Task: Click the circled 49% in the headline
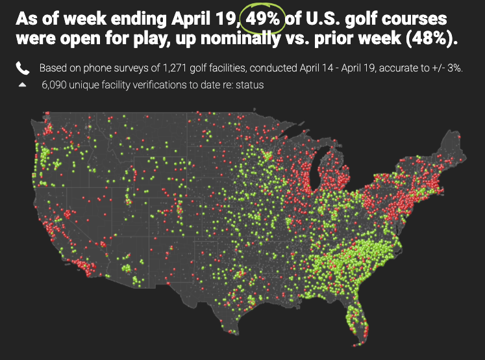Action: click(262, 19)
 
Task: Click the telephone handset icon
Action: click(23, 68)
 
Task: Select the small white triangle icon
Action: click(22, 84)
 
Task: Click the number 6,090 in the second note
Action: click(54, 85)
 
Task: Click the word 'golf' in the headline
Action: click(360, 19)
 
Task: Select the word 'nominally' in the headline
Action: click(240, 39)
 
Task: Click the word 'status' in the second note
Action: click(249, 85)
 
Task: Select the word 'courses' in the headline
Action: click(414, 19)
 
